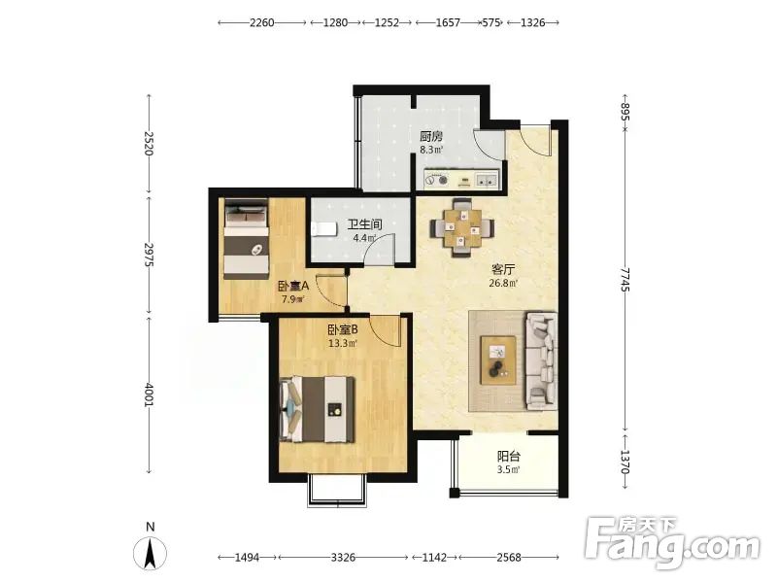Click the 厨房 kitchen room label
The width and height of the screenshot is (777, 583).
430,136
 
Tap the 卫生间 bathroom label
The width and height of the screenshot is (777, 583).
365,224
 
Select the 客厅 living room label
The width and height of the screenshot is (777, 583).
503,270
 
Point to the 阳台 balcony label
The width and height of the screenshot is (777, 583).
508,456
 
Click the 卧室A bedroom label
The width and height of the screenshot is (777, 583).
293,286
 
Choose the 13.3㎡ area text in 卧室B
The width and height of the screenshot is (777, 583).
343,343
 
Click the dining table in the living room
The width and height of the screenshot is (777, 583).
462,228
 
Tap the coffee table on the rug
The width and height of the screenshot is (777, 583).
498,360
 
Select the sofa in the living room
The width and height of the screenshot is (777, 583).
541,361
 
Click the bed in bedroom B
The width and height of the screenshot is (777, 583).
318,409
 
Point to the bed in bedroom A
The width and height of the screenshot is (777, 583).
247,238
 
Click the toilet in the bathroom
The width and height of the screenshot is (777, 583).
323,229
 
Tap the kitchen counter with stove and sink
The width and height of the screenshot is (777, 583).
462,179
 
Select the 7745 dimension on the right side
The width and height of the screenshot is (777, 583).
625,280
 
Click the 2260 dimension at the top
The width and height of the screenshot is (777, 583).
261,22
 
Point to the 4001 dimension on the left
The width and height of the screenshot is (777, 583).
150,394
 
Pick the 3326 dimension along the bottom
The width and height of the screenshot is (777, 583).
343,558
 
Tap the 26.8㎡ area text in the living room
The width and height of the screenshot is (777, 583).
503,284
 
